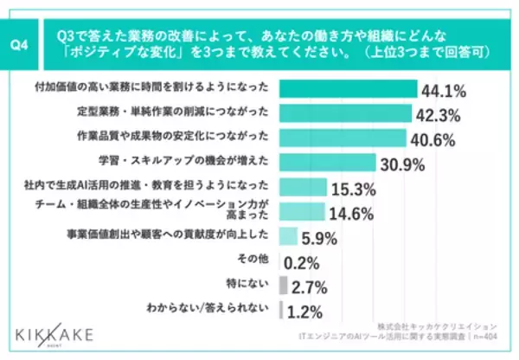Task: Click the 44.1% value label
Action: click(x=444, y=89)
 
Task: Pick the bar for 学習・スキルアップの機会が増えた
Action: click(x=328, y=163)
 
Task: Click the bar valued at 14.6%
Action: click(x=302, y=212)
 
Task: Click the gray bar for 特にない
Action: click(x=284, y=286)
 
